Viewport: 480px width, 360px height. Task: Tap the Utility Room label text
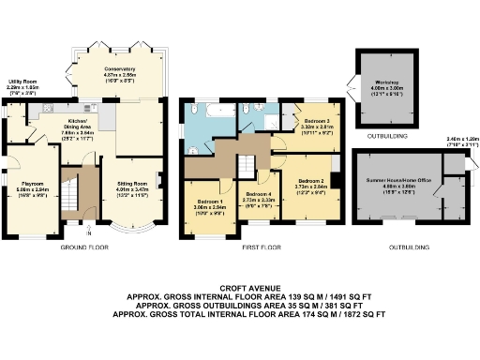[x=22, y=87]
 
